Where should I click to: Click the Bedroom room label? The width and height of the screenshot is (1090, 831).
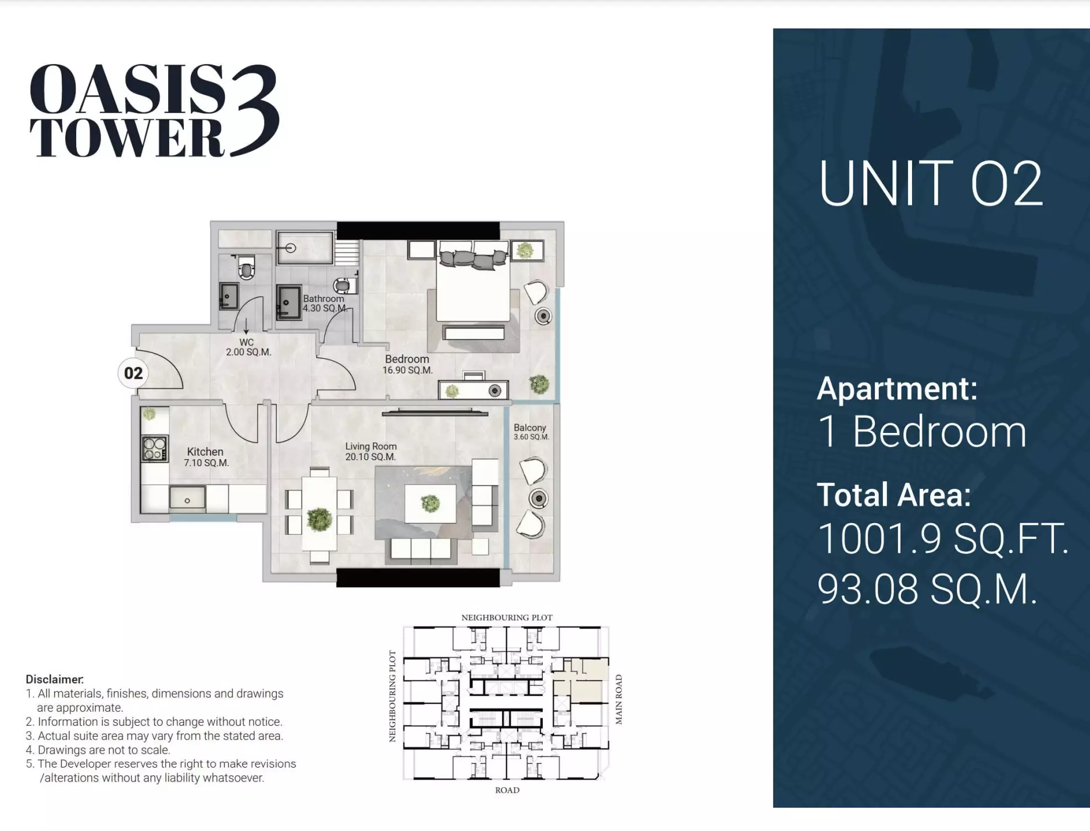click(407, 359)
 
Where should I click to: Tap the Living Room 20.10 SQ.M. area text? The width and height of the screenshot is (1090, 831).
click(371, 457)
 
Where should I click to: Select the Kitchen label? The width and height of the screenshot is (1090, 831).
click(205, 452)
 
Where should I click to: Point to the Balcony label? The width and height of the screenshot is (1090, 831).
click(530, 427)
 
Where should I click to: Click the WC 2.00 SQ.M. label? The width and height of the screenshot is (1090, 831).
click(248, 347)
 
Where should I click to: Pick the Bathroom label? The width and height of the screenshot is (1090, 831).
click(323, 299)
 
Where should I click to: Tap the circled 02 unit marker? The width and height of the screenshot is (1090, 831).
click(133, 373)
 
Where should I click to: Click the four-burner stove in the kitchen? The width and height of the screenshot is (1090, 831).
click(155, 448)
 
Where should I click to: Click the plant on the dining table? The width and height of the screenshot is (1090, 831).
click(319, 519)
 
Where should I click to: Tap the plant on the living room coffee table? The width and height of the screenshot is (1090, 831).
click(430, 503)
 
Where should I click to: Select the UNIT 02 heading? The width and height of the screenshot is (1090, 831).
click(930, 184)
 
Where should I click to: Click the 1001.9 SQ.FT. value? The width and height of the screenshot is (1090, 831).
click(943, 538)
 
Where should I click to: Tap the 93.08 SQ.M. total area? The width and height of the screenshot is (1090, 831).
click(927, 589)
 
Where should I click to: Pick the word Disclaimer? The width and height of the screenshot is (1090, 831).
click(55, 679)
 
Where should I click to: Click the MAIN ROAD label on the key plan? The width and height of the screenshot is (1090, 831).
click(619, 699)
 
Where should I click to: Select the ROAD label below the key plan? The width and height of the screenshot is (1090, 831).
click(507, 790)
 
